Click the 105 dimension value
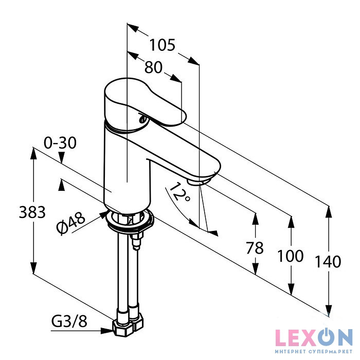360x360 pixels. coord(163,45)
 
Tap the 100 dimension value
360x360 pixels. coord(290,255)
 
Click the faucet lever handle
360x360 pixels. coord(145,103)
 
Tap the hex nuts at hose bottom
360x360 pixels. coord(128,325)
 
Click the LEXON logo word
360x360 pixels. coord(314,337)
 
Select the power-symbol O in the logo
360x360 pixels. coord(324,337)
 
